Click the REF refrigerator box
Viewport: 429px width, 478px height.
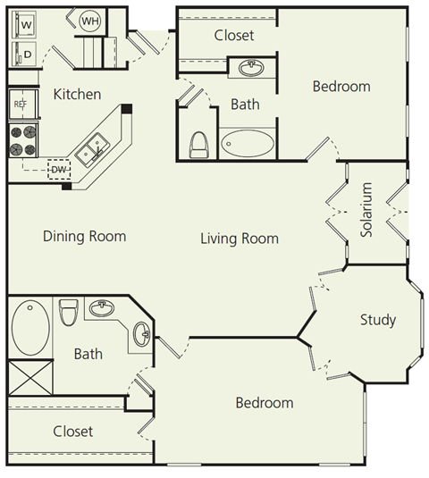point(21,104)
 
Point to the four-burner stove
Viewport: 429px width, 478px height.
point(24,138)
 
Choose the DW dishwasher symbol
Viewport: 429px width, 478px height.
point(58,168)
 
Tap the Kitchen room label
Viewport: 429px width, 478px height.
point(77,94)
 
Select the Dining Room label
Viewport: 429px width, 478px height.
point(84,237)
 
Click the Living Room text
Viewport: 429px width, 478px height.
point(239,239)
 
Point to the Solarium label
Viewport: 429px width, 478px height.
point(366,211)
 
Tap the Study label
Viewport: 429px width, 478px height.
point(377,320)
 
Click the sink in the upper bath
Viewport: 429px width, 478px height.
point(251,68)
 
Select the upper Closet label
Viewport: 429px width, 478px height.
point(234,36)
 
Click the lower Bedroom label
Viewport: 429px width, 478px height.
point(264,403)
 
